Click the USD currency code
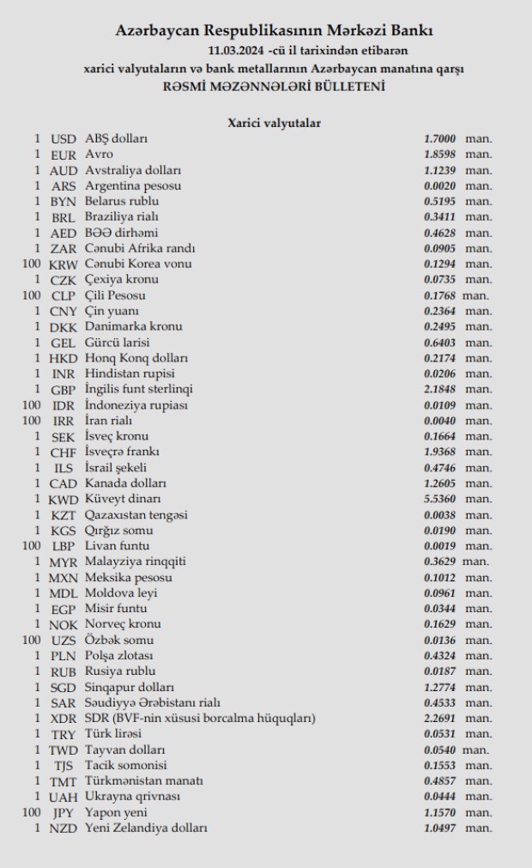(63, 139)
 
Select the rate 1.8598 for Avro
(439, 155)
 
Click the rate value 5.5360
(439, 499)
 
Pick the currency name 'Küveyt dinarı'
(123, 499)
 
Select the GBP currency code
(63, 389)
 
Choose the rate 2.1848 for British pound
(439, 389)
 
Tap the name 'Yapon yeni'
(116, 812)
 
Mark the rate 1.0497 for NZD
(439, 828)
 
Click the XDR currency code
(63, 719)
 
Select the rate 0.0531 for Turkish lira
(439, 734)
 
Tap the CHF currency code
(63, 452)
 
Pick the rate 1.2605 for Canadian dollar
(439, 483)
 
